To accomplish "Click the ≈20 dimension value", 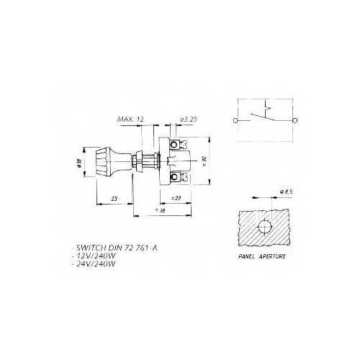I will pyautogui.click(x=175, y=197).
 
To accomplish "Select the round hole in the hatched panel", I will pyautogui.click(x=264, y=227).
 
